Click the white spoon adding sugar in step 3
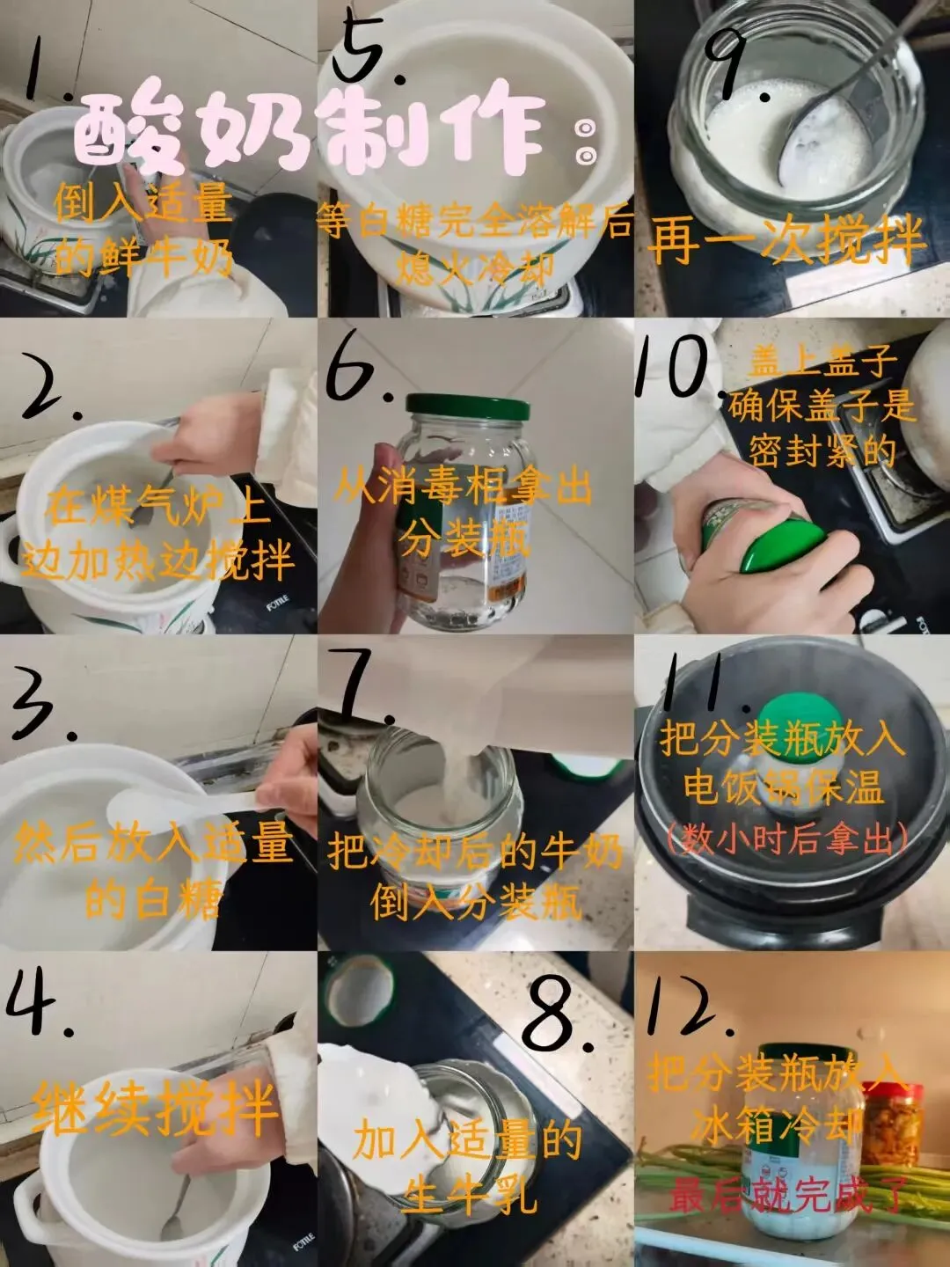(x=185, y=802)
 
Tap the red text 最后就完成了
(x=786, y=1195)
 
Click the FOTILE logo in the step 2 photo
(x=277, y=604)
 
